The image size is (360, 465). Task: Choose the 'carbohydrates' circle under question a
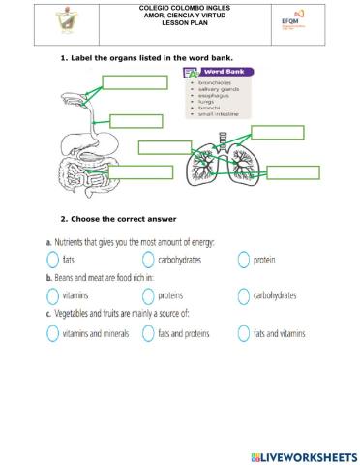click(148, 260)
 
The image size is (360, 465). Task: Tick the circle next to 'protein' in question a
click(243, 260)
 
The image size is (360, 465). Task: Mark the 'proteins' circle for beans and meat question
click(148, 295)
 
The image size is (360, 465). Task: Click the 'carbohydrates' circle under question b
click(243, 295)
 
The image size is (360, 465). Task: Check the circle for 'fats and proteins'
click(148, 332)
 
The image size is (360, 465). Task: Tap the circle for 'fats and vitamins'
click(243, 332)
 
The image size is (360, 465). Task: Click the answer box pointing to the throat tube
click(135, 121)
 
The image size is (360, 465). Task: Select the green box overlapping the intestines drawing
click(165, 147)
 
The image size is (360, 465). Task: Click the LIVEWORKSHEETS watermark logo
click(302, 455)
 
